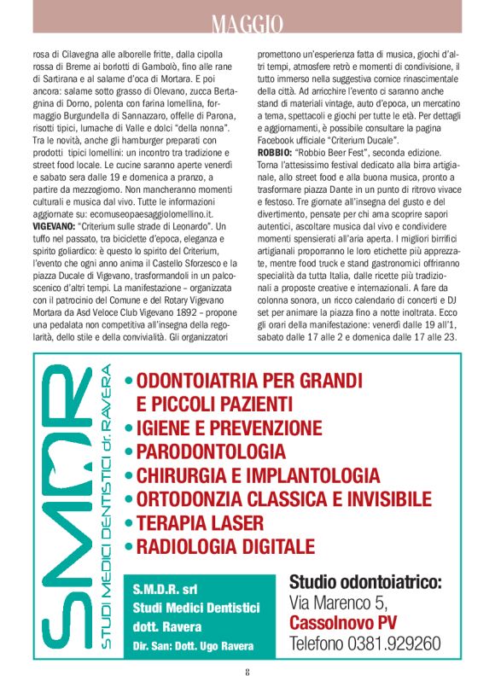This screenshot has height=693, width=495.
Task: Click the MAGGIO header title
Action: coord(247,19)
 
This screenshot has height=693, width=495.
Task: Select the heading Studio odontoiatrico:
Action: coord(366,583)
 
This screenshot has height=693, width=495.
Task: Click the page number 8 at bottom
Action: coord(247,671)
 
